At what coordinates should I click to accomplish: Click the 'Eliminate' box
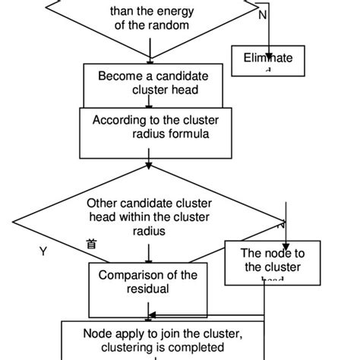pyautogui.click(x=267, y=58)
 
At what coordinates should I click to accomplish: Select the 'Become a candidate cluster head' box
pyautogui.click(x=149, y=83)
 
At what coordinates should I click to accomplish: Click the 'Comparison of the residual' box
pyautogui.click(x=148, y=282)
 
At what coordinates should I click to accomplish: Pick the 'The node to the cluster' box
pyautogui.click(x=262, y=261)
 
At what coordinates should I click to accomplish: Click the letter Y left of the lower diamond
pyautogui.click(x=43, y=251)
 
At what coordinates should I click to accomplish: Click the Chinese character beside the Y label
pyautogui.click(x=91, y=244)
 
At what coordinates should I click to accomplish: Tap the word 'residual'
pyautogui.click(x=149, y=289)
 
